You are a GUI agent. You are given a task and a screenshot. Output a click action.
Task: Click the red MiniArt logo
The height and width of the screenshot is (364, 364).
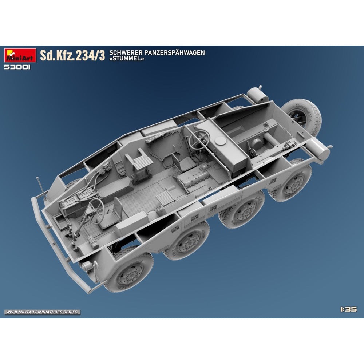(x=20, y=55)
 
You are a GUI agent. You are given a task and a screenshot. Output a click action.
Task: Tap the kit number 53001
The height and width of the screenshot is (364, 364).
(x=17, y=67)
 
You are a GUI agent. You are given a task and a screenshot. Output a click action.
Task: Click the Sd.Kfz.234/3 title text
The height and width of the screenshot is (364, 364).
(x=72, y=56)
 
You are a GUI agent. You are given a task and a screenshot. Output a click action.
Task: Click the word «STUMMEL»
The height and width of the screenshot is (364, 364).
(x=127, y=59)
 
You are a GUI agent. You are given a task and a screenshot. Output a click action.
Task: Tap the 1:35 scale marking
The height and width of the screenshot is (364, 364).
(x=348, y=309)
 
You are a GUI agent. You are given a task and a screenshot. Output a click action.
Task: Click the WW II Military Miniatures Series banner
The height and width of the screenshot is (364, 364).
(x=42, y=312)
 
